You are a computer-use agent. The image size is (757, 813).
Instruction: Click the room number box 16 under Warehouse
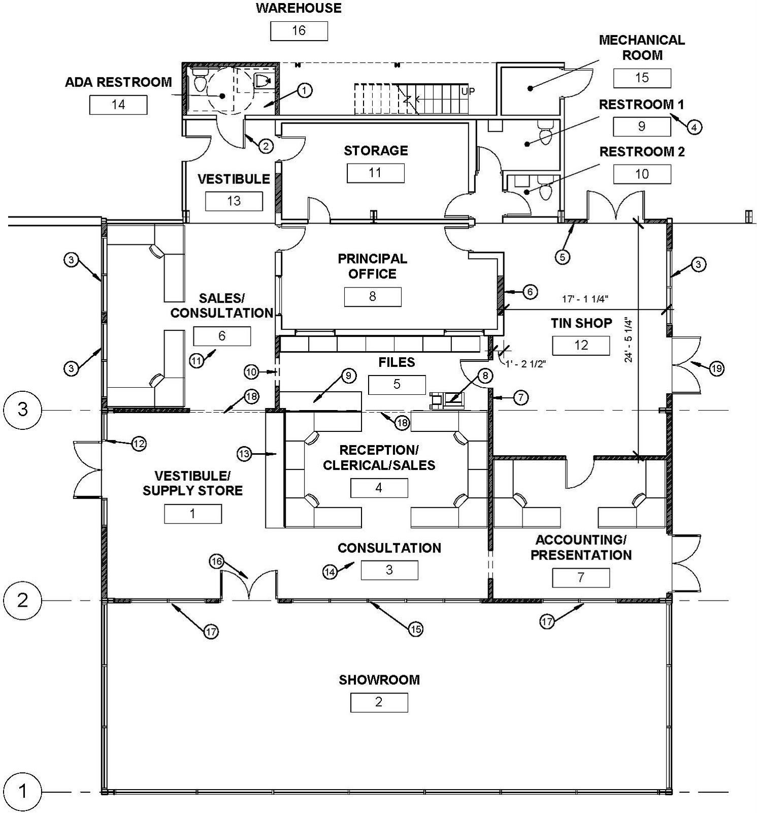(x=299, y=30)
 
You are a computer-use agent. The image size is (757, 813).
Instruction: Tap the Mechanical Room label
(x=642, y=47)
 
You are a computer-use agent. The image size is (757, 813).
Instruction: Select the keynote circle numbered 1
(x=304, y=90)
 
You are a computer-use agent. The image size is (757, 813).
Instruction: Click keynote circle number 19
(x=716, y=368)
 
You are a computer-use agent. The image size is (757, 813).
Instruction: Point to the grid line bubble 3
(x=23, y=410)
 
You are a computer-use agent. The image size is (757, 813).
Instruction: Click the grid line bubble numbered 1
(x=23, y=792)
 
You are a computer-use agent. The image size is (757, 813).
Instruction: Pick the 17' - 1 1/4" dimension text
(x=585, y=299)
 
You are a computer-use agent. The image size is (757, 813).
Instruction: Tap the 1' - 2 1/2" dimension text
(x=525, y=364)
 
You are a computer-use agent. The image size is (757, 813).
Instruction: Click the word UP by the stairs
(x=468, y=91)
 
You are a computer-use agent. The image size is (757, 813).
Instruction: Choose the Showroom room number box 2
(x=379, y=702)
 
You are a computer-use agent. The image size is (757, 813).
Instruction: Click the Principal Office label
(x=373, y=266)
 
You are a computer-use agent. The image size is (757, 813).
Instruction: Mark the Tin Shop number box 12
(x=581, y=346)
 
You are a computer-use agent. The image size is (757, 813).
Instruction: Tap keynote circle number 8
(x=485, y=376)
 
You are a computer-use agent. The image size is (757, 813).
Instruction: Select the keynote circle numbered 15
(x=415, y=630)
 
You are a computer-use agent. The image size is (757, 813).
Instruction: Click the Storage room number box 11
(x=376, y=173)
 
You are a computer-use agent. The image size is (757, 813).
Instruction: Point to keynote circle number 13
(x=244, y=453)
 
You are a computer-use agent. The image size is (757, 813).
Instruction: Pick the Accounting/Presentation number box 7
(x=581, y=578)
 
